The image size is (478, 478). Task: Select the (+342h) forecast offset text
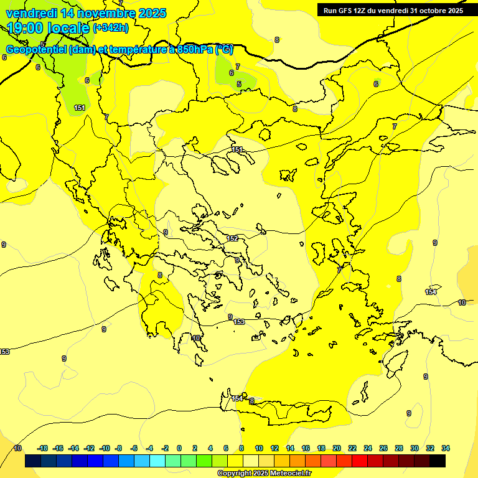pyautogui.click(x=111, y=28)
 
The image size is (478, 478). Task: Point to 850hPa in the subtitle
pyautogui.click(x=195, y=50)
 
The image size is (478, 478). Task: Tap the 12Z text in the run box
pyautogui.click(x=362, y=10)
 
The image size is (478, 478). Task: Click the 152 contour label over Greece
pyautogui.click(x=232, y=238)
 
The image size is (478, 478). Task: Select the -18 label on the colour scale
pyautogui.click(x=43, y=448)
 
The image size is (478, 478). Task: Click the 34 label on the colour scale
pyautogui.click(x=446, y=448)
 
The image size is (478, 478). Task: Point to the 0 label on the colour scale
pyautogui.click(x=179, y=448)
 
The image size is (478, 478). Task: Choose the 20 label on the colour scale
pyautogui.click(x=337, y=448)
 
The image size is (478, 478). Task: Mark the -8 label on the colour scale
pyautogui.click(x=118, y=448)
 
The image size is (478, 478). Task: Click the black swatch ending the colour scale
pyautogui.click(x=437, y=461)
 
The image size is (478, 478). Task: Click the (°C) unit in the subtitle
pyautogui.click(x=224, y=50)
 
